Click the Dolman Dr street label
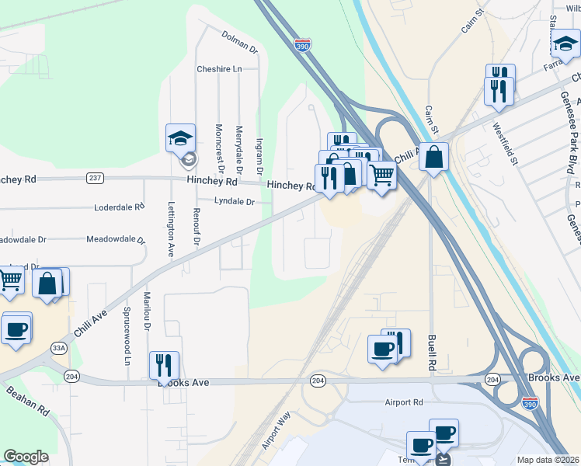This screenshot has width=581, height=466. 239,41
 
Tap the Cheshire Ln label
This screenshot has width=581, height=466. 219,68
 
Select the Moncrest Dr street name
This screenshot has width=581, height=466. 220,148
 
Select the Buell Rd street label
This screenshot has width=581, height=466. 431,352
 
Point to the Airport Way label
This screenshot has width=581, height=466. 276,430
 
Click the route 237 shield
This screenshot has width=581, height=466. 95,178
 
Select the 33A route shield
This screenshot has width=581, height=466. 57,347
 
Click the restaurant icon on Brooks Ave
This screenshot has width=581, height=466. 164,364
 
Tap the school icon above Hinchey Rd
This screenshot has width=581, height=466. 180,139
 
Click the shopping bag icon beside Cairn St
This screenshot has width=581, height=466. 433,156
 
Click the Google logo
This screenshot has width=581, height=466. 26,457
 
